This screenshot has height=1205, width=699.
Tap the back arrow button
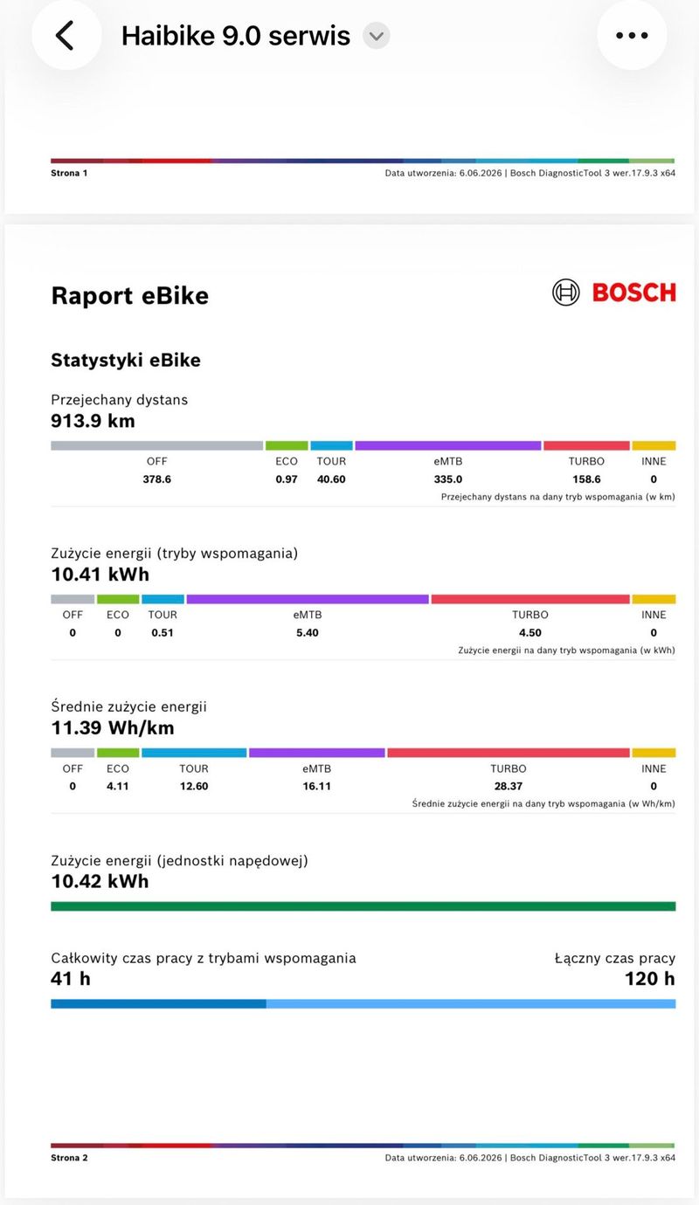[66, 36]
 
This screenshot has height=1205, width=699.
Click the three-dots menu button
[632, 36]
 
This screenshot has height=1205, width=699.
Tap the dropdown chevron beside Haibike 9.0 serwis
[376, 36]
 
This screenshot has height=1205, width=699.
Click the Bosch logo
[614, 293]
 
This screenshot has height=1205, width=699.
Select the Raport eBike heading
[129, 295]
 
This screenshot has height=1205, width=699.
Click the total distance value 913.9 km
[93, 421]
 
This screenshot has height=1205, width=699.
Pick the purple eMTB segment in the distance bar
[447, 445]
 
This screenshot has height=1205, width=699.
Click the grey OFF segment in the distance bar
[156, 445]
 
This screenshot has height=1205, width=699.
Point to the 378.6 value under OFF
[156, 479]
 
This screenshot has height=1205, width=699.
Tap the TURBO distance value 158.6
[586, 479]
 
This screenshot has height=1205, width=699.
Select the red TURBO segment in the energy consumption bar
[530, 599]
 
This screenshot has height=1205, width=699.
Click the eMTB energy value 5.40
[308, 632]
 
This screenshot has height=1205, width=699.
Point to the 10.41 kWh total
[100, 574]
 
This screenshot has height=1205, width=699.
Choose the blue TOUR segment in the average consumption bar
[194, 753]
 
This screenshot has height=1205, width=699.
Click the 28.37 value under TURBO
[508, 786]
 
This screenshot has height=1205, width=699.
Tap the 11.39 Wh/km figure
[113, 728]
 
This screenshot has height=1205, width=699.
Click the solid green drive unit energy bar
[363, 906]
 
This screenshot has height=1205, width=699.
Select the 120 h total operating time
[649, 979]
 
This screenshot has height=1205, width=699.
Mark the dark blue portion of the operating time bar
[158, 1004]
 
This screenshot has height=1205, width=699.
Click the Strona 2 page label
[69, 1158]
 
